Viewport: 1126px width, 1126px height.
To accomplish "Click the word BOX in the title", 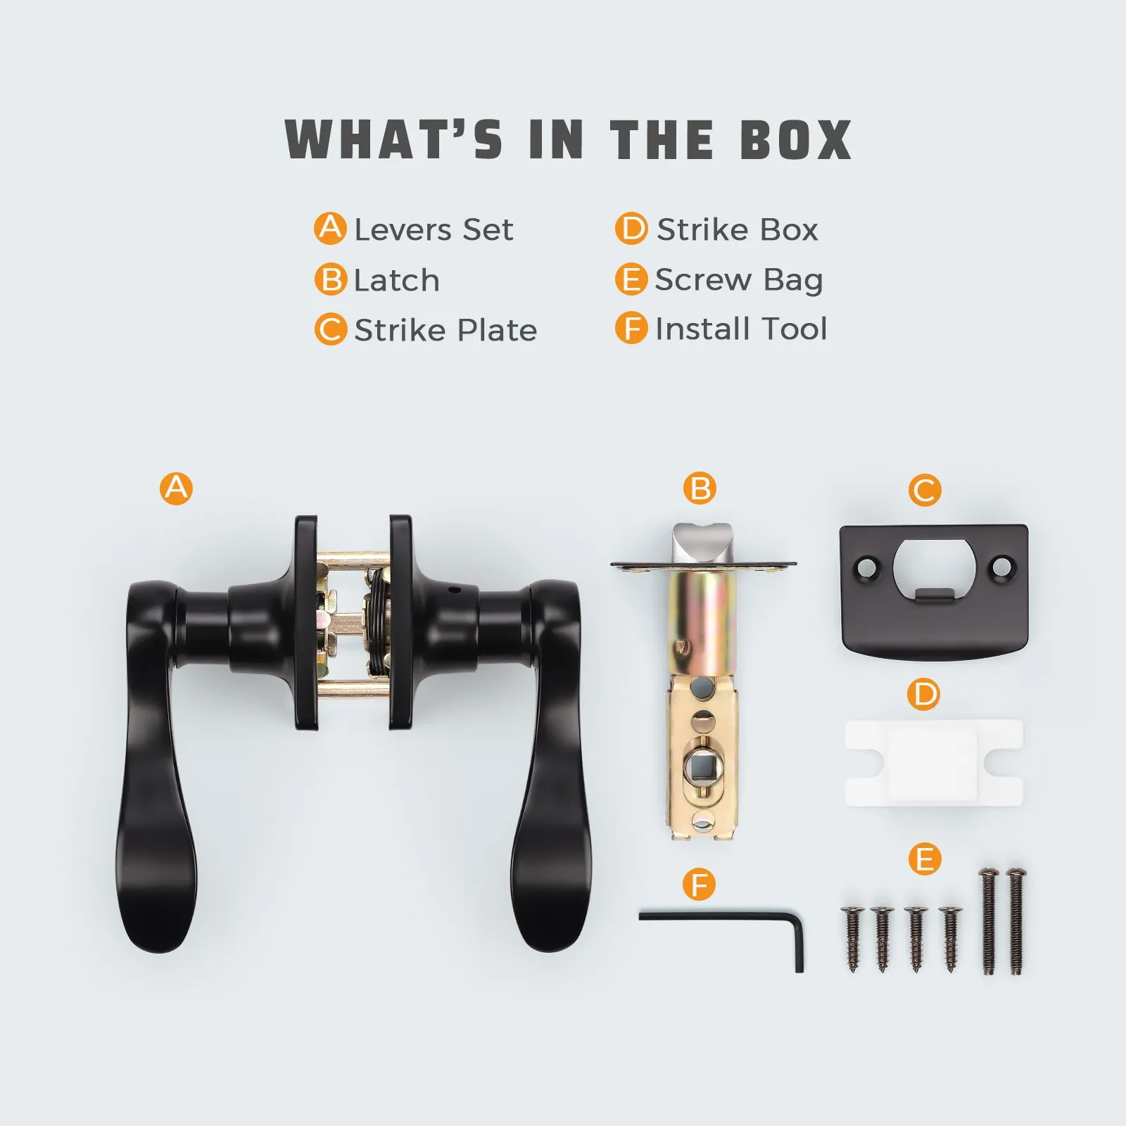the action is [795, 139].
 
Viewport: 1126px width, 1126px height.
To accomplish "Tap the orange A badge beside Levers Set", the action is [330, 229].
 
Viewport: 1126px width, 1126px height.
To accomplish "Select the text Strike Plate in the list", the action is [445, 330].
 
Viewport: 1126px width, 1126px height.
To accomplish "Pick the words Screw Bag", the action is [739, 280].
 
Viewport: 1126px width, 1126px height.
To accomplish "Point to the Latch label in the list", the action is [397, 280].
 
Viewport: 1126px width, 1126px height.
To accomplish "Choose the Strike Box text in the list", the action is [738, 229].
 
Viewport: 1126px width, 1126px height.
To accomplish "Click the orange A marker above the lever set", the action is [176, 488].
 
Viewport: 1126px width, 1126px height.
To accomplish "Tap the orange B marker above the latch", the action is [700, 488].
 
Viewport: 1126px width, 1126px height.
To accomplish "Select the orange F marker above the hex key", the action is [700, 885].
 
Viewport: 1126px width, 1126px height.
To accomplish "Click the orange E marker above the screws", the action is [925, 859].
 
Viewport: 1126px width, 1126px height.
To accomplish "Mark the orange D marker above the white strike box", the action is [924, 695].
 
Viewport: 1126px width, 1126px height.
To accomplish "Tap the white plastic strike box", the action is [934, 763].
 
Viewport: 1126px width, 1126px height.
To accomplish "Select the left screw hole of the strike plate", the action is [867, 566].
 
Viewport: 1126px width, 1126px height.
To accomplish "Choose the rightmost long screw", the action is [1016, 921].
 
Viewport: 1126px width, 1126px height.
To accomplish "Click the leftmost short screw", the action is [852, 940].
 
